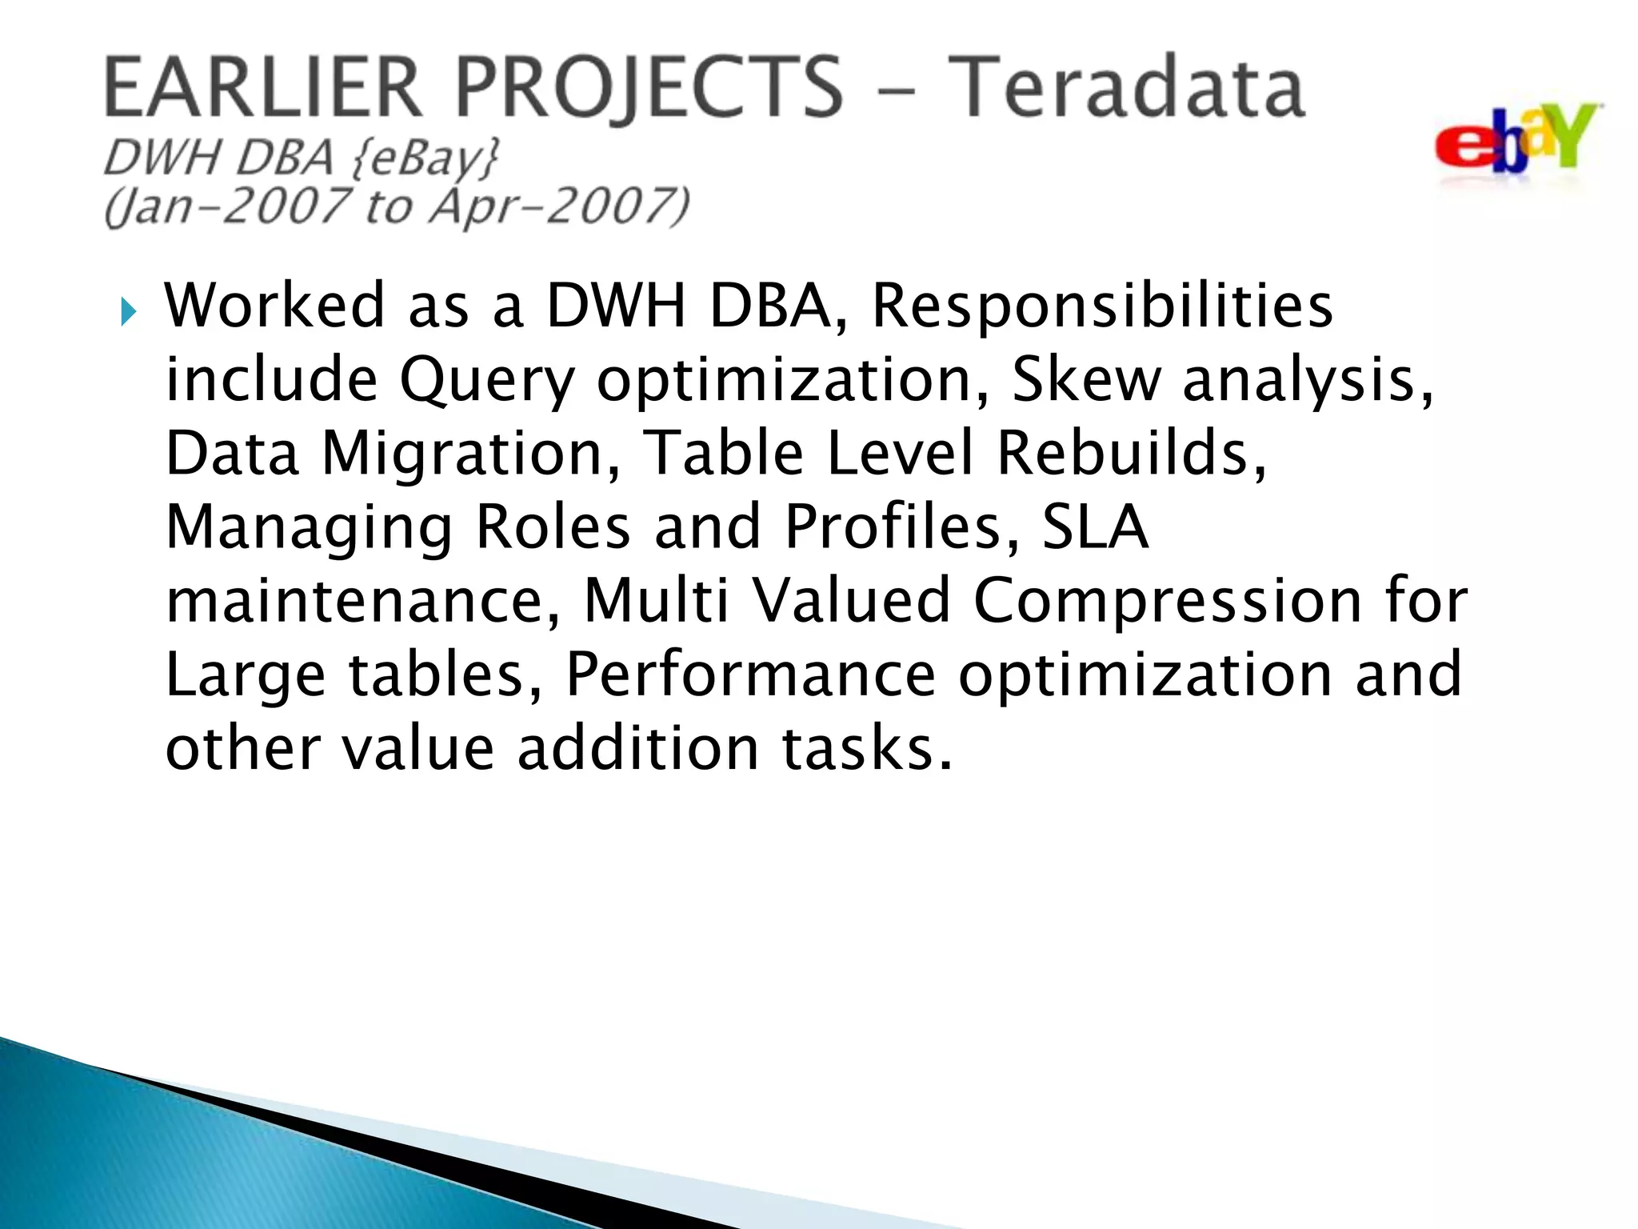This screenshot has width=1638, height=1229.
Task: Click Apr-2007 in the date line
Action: click(x=560, y=206)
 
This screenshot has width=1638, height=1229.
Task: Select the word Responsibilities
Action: click(x=1102, y=306)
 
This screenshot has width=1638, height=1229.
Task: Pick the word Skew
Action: click(x=1085, y=379)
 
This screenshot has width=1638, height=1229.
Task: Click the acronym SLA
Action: click(x=1094, y=526)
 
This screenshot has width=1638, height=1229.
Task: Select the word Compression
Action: click(x=1167, y=600)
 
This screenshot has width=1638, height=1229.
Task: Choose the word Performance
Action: click(x=750, y=674)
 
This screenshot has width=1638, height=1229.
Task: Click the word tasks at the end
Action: click(x=867, y=747)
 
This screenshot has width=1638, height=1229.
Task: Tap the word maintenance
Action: click(x=364, y=600)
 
